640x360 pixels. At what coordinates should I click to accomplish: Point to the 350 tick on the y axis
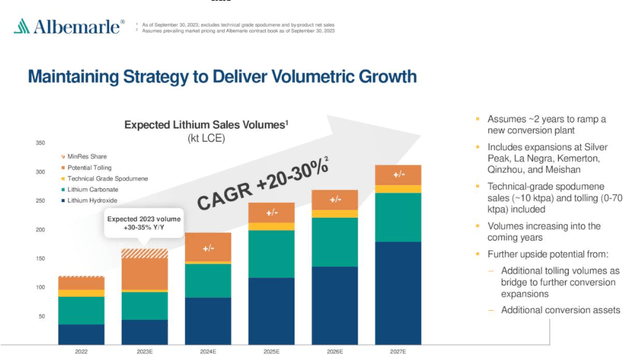40,143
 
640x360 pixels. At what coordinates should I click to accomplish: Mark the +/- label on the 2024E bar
208,248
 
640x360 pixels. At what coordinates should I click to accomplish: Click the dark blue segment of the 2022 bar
82,334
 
